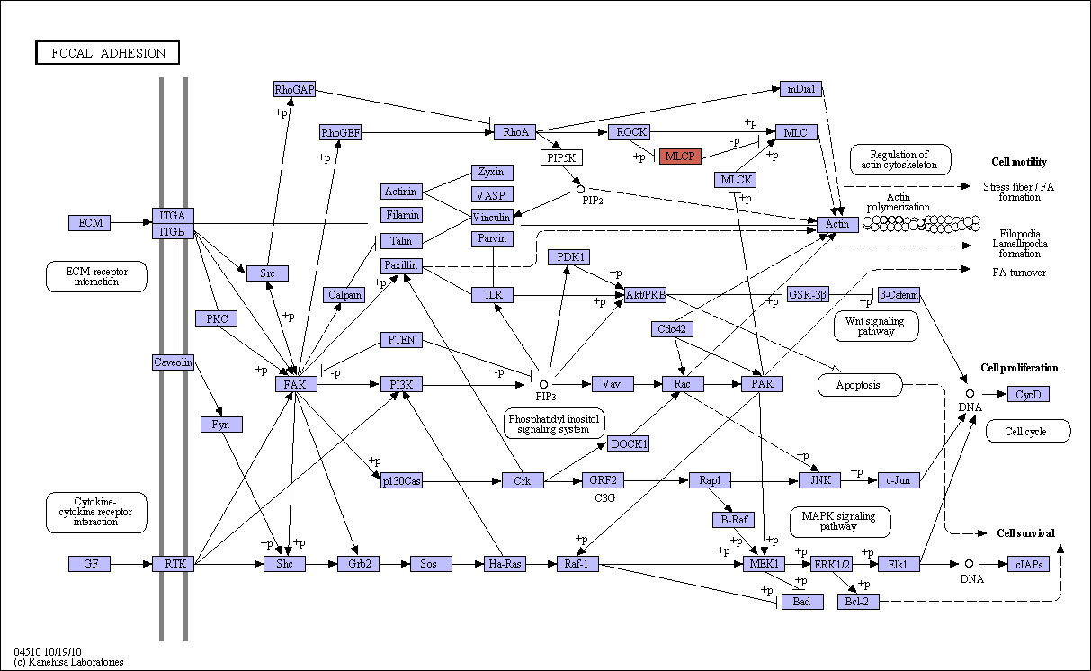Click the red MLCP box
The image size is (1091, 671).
[x=680, y=157]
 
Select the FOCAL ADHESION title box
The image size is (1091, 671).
[x=108, y=52]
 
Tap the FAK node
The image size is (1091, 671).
[x=296, y=384]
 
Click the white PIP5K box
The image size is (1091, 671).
[x=561, y=157]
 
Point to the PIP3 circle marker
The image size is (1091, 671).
[x=543, y=385]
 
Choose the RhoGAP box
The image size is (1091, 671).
[x=294, y=89]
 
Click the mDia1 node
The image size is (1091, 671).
[x=800, y=89]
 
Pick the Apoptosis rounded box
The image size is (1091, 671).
[x=860, y=385]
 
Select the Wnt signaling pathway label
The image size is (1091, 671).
[x=876, y=327]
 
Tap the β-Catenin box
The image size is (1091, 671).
[x=899, y=295]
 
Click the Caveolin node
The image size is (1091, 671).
[x=173, y=362]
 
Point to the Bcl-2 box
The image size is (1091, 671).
[x=858, y=602]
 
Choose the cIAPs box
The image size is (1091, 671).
[x=1028, y=564]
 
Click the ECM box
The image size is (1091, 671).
[x=90, y=222]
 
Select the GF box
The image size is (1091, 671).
[x=90, y=564]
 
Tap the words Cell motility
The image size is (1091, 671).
[x=1019, y=162]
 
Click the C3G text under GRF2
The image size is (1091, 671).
[x=604, y=497]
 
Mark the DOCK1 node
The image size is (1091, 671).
[x=629, y=443]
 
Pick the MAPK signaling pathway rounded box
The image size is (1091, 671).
[x=840, y=522]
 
